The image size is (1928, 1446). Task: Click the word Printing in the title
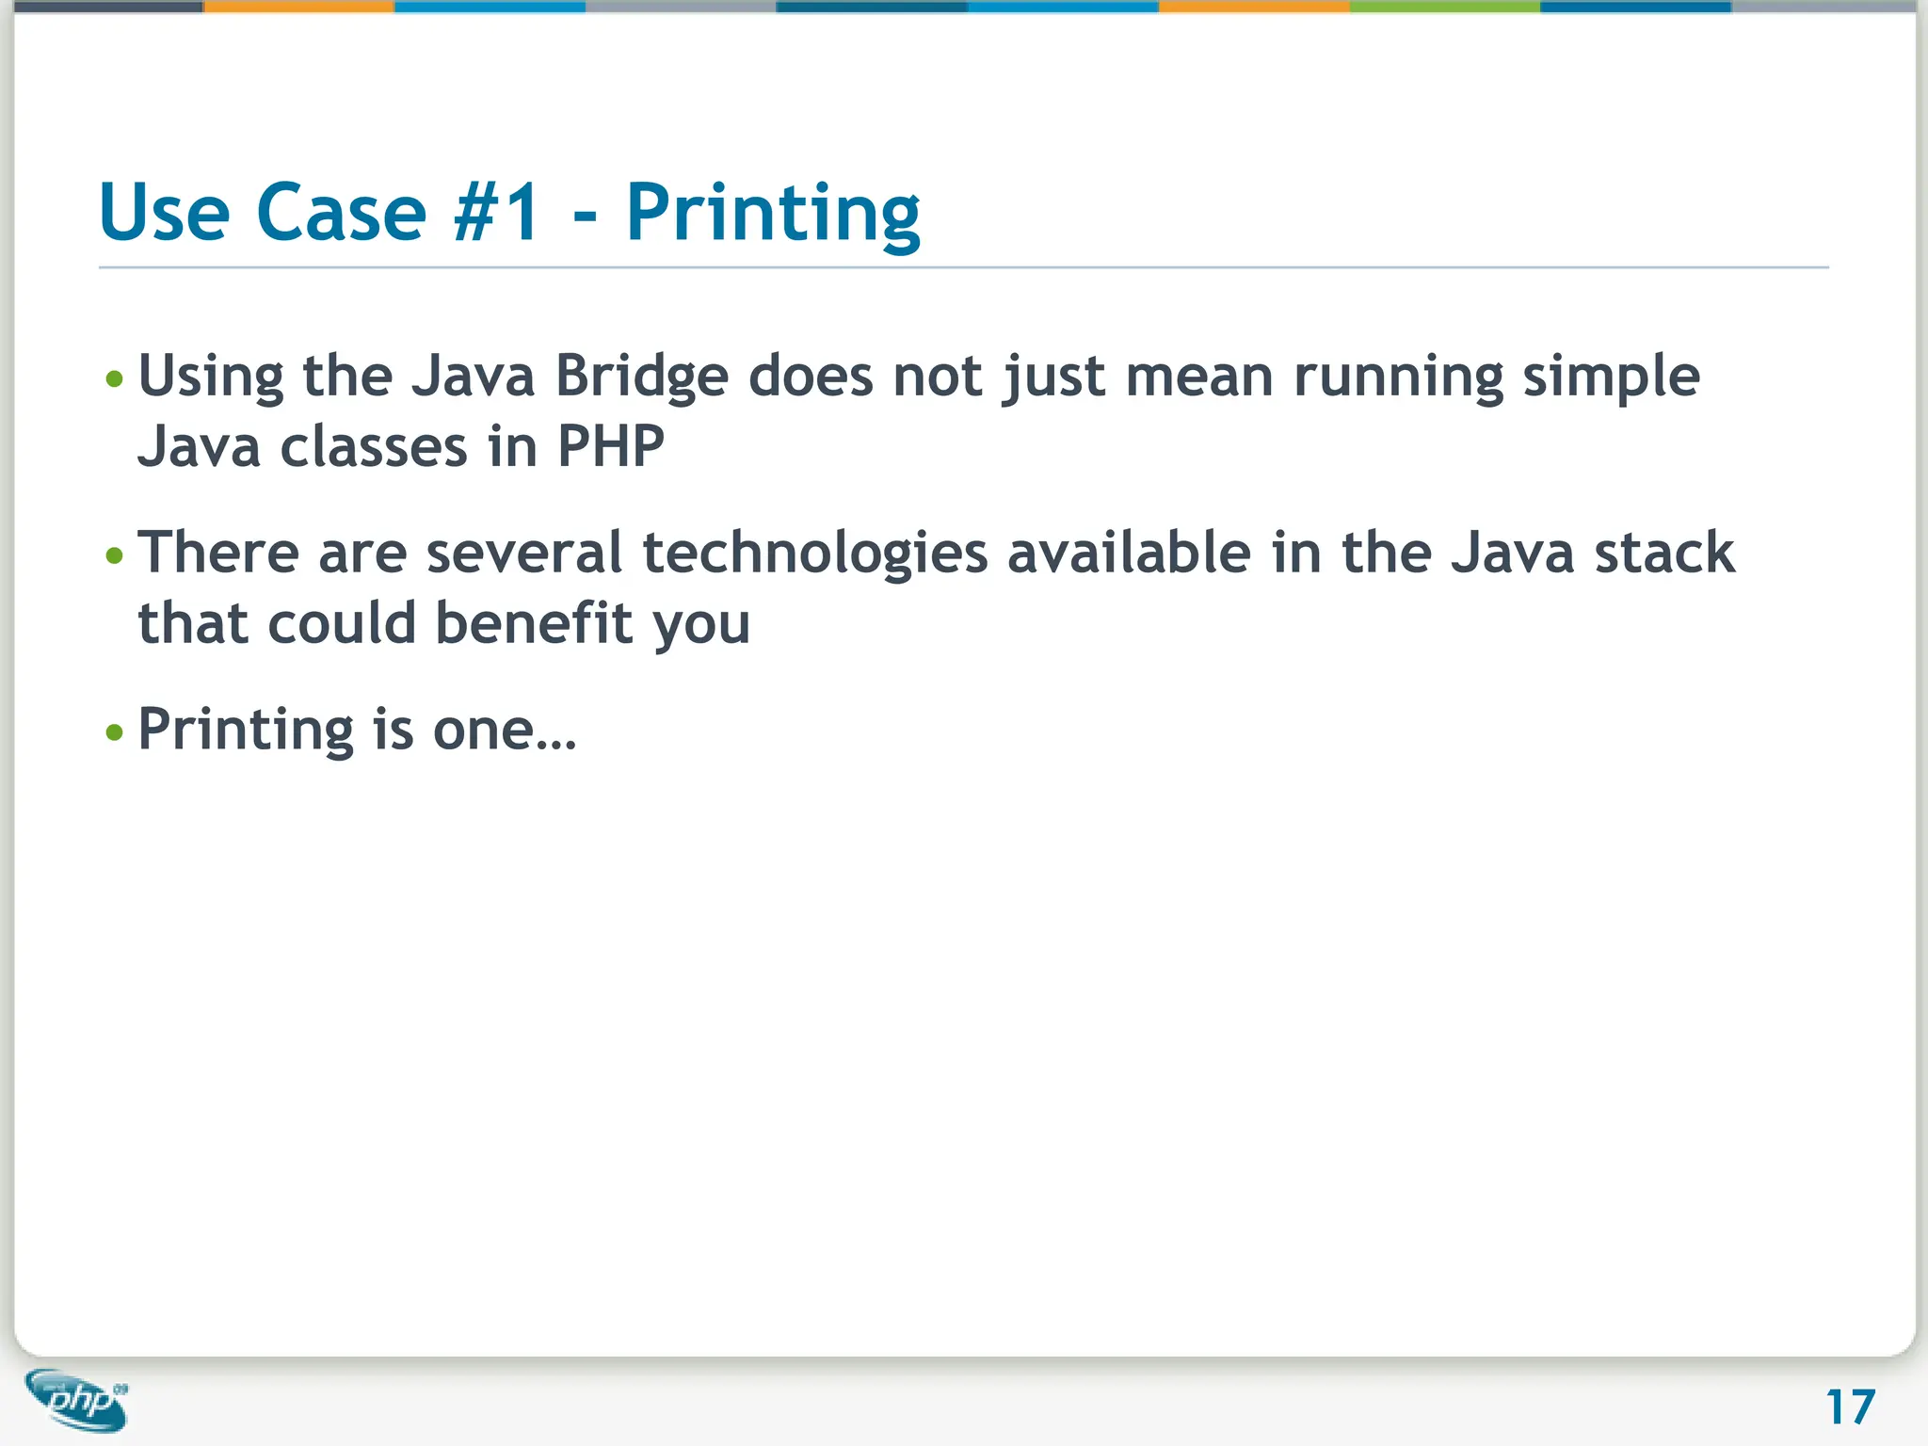772,215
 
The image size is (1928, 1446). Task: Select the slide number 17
1850,1407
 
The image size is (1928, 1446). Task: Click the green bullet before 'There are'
115,555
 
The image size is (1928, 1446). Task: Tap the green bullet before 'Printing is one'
115,731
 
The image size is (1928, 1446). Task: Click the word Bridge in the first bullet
641,377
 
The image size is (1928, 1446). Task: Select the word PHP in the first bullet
610,446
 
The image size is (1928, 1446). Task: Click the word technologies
815,553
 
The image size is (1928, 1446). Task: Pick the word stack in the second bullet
1663,553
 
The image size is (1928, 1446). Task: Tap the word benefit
534,623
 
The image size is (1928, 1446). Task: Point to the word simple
1611,377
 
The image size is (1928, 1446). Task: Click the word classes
374,446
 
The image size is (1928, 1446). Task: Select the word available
1129,553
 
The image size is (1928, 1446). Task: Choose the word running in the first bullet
1398,377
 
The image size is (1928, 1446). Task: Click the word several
523,553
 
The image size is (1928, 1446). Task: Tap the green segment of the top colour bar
1444,7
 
